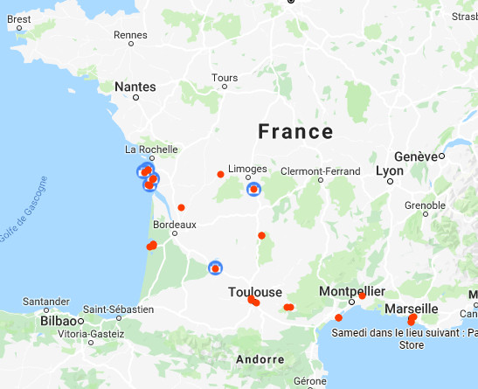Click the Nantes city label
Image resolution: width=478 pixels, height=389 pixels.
pos(135,87)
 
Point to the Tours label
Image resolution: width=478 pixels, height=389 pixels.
pos(225,78)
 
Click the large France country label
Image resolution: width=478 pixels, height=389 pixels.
pos(295,132)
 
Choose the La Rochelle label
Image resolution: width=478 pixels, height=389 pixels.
pos(151,149)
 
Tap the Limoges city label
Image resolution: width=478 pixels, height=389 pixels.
pos(246,169)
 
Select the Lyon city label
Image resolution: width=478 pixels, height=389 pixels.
pos(390,170)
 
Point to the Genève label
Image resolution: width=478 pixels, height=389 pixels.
pos(415,156)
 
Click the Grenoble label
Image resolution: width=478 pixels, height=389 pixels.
pos(425,205)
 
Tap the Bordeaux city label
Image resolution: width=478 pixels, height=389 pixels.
pos(175,222)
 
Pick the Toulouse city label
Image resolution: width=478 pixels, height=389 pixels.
pos(255,292)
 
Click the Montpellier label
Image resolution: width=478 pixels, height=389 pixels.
pos(352,291)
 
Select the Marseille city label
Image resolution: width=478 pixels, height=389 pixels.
pos(411,309)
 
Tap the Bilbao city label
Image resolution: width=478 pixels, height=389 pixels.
pos(59,321)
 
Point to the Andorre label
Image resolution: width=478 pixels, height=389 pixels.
pos(260,359)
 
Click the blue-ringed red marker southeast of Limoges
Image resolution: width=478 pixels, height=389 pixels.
pos(253,189)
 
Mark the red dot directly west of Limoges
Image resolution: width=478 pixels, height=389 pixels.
pos(220,174)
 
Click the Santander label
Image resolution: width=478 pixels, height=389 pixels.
pos(45,302)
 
